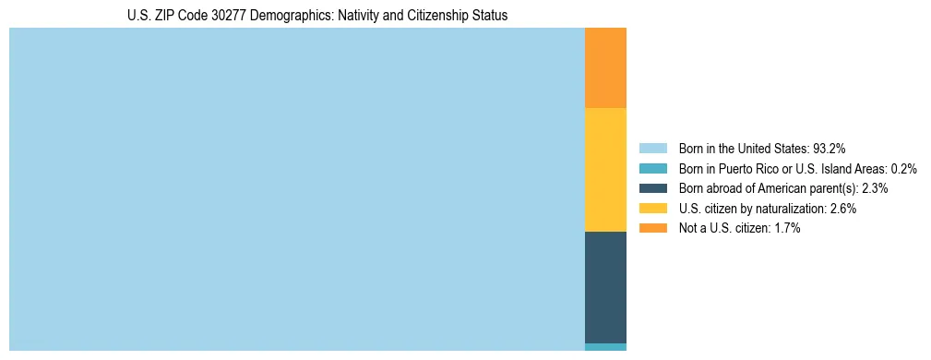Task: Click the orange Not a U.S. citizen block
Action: point(605,67)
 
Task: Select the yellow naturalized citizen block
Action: point(605,170)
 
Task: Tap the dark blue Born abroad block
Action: point(605,287)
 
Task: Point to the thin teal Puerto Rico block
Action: point(605,347)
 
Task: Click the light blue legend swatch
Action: point(652,149)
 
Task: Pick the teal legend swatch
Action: point(652,169)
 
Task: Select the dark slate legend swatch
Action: point(652,188)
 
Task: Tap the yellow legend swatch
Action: point(652,209)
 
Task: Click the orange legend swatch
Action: point(652,228)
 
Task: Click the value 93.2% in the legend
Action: point(830,149)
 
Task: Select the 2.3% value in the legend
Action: point(875,188)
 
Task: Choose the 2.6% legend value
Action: point(842,209)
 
